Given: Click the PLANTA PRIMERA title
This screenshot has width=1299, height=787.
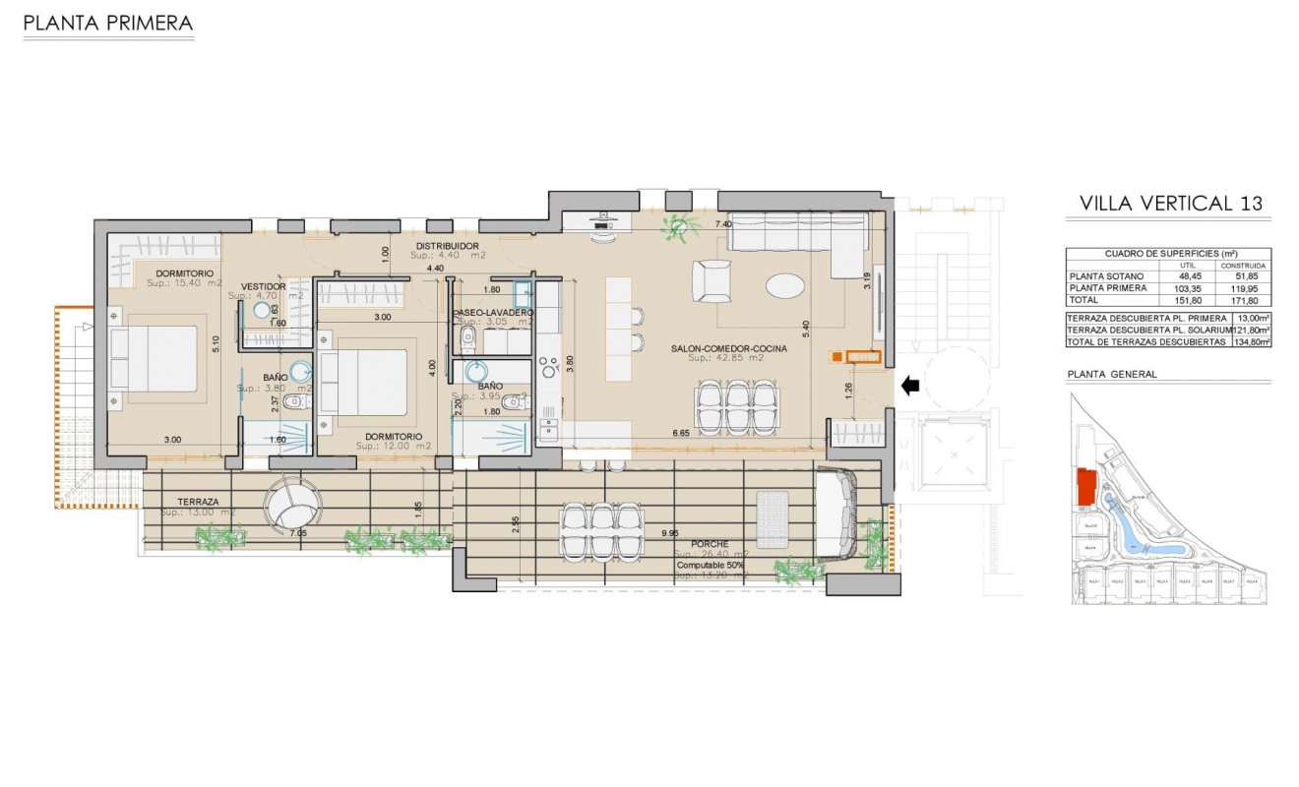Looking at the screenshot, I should [x=107, y=24].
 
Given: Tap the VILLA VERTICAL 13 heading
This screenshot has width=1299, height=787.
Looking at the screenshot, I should [x=1170, y=204].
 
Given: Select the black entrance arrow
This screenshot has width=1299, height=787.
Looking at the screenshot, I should [x=910, y=387].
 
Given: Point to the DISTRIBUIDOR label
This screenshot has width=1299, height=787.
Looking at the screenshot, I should [x=447, y=245].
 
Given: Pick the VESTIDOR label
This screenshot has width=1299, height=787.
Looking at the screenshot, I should [x=264, y=286].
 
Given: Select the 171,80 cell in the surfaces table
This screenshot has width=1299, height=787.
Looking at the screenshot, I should [x=1243, y=301].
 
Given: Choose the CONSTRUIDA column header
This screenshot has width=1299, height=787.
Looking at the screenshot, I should [x=1243, y=266].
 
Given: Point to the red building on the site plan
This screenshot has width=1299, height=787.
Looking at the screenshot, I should [x=1086, y=489].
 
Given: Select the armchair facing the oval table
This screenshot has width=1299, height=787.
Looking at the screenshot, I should [x=711, y=280].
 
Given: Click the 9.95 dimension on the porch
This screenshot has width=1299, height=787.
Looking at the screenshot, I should [x=670, y=532].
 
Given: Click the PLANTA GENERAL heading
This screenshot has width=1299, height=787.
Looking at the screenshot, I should [x=1111, y=374].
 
